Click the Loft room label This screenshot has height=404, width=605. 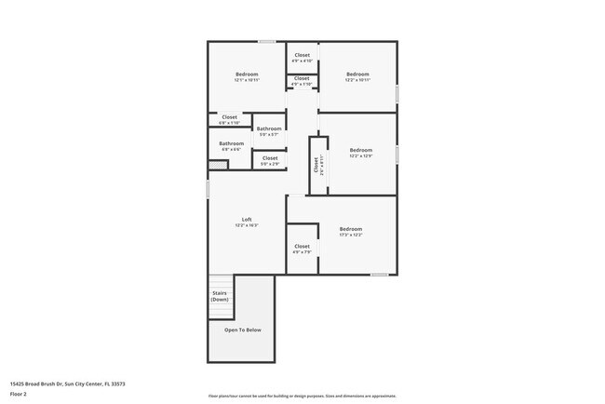(x=247, y=220)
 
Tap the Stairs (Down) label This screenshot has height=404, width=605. (x=220, y=296)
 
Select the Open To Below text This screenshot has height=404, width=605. (x=243, y=330)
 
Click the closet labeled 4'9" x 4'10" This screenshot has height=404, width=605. (x=302, y=56)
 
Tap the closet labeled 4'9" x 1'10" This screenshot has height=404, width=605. (x=302, y=79)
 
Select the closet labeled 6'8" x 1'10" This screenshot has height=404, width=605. (x=229, y=118)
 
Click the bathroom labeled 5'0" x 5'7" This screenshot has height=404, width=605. (x=269, y=129)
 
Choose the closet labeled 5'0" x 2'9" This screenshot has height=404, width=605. (x=269, y=159)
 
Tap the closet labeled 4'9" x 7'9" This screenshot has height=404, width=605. (x=302, y=248)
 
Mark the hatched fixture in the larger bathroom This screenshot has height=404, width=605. (x=218, y=165)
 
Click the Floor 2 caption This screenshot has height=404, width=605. (x=19, y=394)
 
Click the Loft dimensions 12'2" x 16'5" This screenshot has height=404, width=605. (x=247, y=225)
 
